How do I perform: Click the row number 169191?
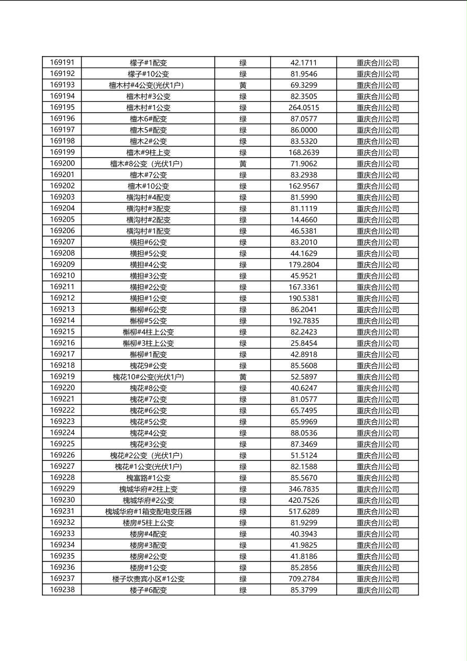(62, 63)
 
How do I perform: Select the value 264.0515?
(304, 108)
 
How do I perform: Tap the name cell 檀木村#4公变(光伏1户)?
(148, 85)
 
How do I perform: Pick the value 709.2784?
(304, 579)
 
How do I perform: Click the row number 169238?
(62, 590)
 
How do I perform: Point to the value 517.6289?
(304, 512)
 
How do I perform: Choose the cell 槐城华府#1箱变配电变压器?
(148, 512)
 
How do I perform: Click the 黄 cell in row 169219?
(243, 377)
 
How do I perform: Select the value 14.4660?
(304, 220)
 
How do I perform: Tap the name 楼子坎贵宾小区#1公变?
(148, 579)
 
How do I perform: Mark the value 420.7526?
(304, 501)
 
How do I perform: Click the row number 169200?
(62, 164)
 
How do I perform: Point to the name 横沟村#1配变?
(148, 231)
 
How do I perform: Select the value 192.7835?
(304, 321)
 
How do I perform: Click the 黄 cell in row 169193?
(243, 85)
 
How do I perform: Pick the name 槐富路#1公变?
(148, 478)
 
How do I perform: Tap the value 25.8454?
(304, 344)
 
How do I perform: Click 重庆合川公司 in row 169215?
(377, 332)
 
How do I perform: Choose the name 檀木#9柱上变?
(148, 153)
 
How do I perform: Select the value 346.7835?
(304, 489)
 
